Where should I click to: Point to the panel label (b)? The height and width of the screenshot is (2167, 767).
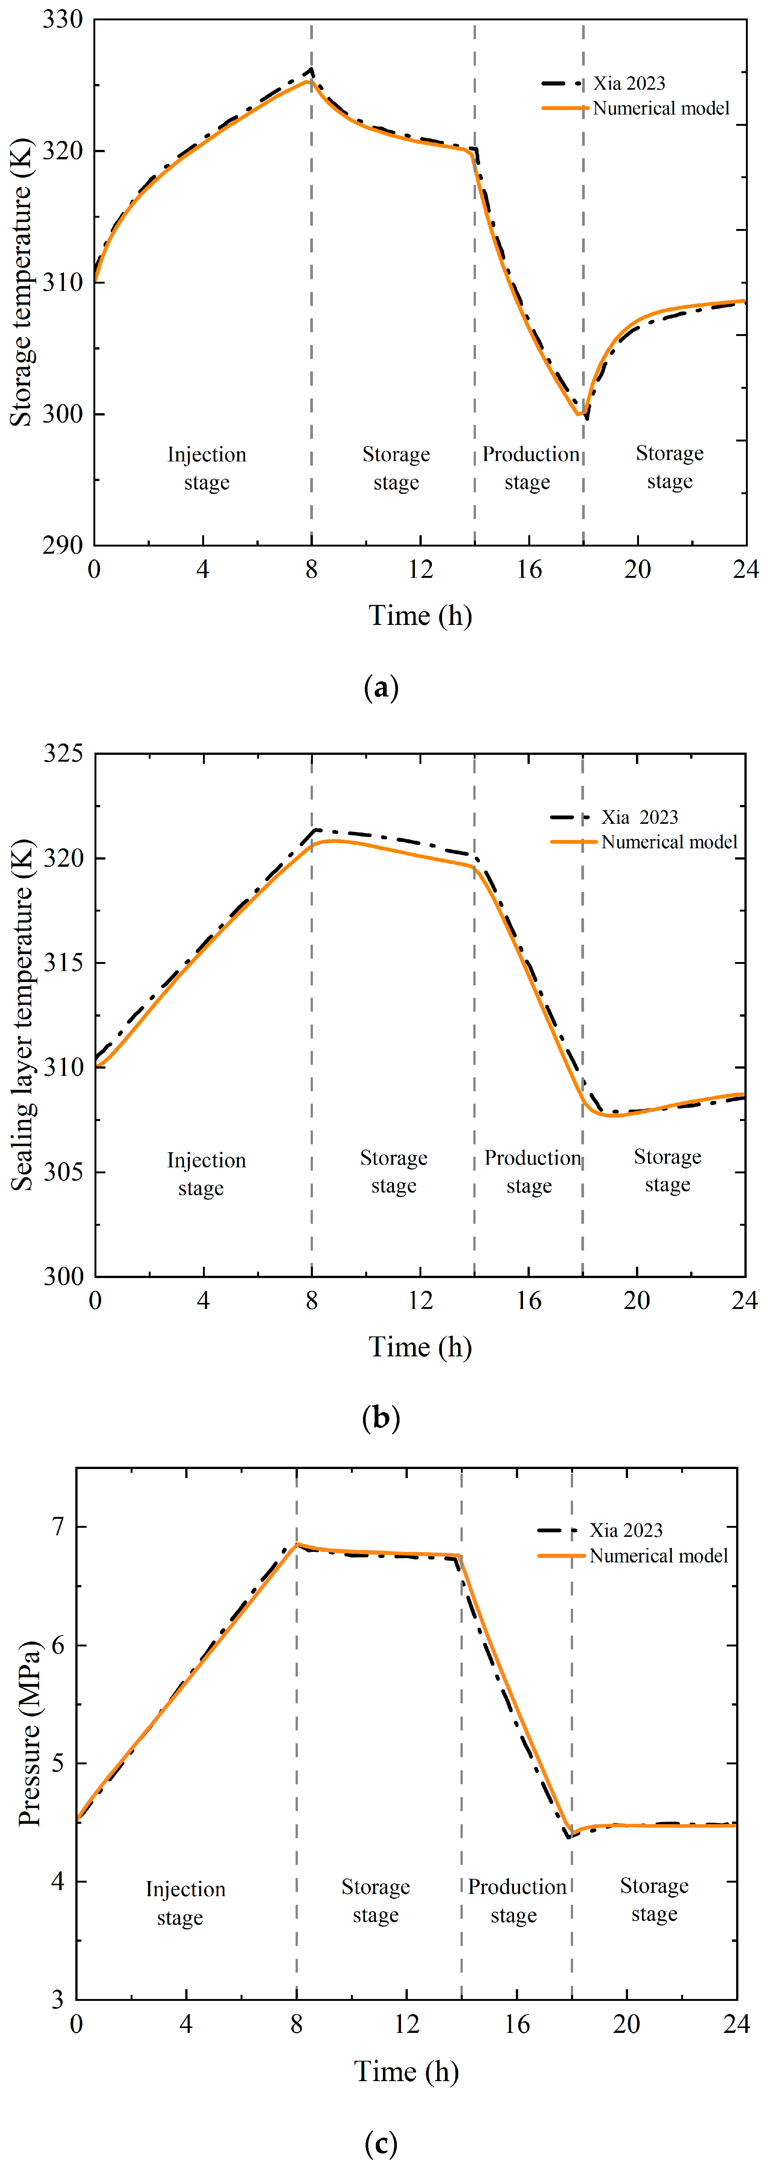(x=381, y=1418)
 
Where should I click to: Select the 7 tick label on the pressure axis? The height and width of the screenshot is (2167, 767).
(x=57, y=1527)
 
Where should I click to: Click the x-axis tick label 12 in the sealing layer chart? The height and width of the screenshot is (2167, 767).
(x=421, y=1301)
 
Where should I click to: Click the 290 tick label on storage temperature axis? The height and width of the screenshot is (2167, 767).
(x=62, y=545)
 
